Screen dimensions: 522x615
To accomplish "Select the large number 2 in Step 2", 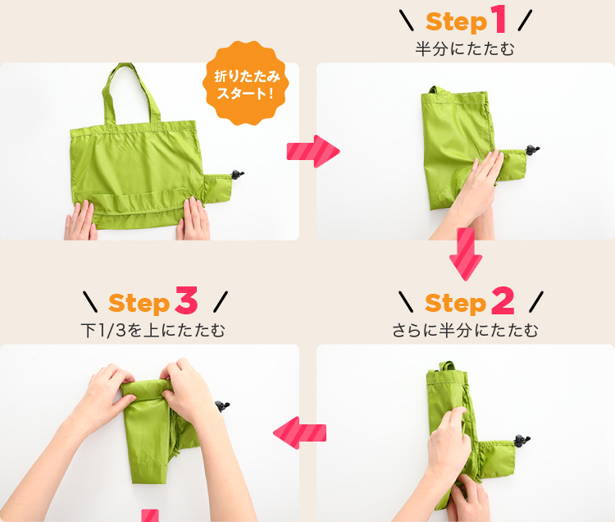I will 501,302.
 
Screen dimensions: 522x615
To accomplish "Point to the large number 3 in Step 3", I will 186,302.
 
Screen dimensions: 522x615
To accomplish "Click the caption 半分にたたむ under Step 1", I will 465,49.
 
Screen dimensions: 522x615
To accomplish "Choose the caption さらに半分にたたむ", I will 465,331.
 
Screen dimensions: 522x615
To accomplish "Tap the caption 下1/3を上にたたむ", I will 153,331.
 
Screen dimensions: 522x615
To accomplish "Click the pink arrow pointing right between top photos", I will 312,152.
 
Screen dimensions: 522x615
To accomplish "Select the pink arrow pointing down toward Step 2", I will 466,254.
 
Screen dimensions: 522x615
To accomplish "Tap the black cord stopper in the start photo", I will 239,174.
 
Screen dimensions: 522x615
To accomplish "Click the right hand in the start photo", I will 194,218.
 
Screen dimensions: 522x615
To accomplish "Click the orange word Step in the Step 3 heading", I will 139,304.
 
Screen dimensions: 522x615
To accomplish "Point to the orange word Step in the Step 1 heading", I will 456,21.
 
